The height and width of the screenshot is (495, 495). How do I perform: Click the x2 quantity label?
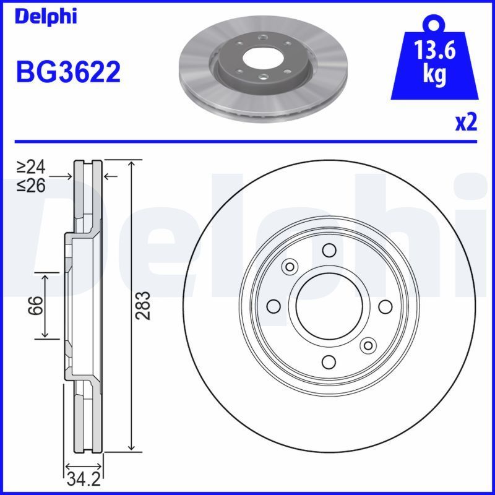click(x=467, y=123)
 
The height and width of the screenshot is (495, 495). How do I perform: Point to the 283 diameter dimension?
click(x=144, y=305)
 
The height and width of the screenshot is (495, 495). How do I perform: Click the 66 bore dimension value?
click(x=37, y=305)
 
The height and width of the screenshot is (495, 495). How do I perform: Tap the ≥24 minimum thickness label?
click(x=31, y=167)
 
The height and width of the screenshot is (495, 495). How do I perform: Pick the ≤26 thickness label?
click(x=31, y=184)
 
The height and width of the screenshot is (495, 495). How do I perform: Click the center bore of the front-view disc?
click(x=329, y=306)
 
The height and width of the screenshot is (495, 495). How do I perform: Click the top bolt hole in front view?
click(x=329, y=250)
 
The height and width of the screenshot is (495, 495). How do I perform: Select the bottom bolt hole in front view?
click(x=329, y=363)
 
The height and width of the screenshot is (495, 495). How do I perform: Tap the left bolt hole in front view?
click(x=272, y=306)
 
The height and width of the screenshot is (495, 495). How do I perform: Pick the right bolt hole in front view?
click(x=385, y=306)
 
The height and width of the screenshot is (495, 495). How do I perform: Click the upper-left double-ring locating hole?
click(x=288, y=267)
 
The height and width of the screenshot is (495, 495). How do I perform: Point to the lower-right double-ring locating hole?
click(x=369, y=346)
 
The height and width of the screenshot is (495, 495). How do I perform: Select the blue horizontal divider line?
click(x=247, y=141)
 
